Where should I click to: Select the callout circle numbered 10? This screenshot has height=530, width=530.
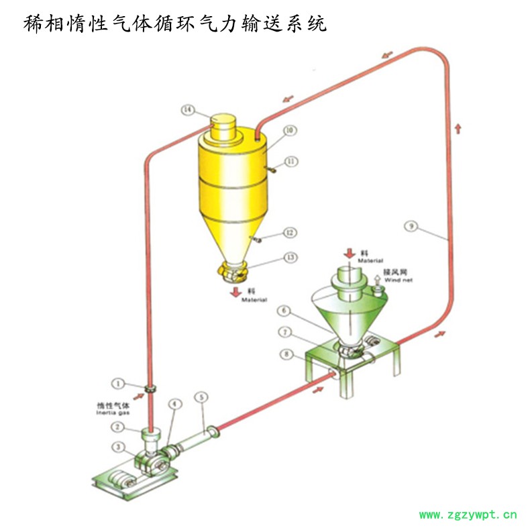pos(290,131)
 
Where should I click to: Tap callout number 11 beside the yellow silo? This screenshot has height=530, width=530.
pos(290,161)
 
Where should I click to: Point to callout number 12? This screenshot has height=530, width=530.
pos(290,233)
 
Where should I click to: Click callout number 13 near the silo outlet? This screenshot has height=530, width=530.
pos(290,257)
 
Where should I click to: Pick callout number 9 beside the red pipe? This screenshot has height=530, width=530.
pos(410,226)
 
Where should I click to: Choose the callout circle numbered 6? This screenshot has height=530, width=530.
pos(285,311)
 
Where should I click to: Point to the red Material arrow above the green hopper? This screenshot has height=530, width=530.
pos(349,252)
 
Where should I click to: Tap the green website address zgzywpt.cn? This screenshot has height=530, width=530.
pos(468,515)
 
